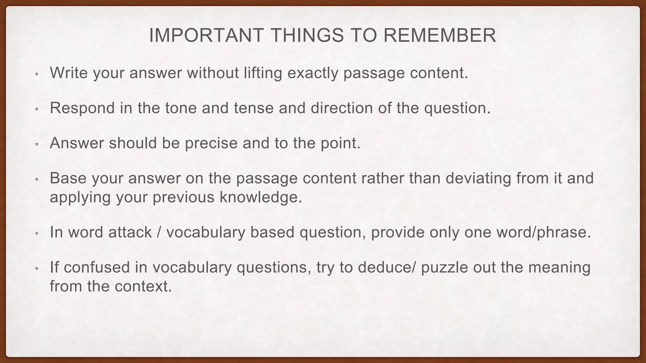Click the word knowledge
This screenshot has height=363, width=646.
pos(261,198)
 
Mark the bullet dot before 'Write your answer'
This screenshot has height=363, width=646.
pos(37,74)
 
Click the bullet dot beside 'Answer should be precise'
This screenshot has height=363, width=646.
pos(37,144)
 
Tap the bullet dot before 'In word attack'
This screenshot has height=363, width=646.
pos(37,234)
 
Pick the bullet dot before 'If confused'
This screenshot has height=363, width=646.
pos(37,269)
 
